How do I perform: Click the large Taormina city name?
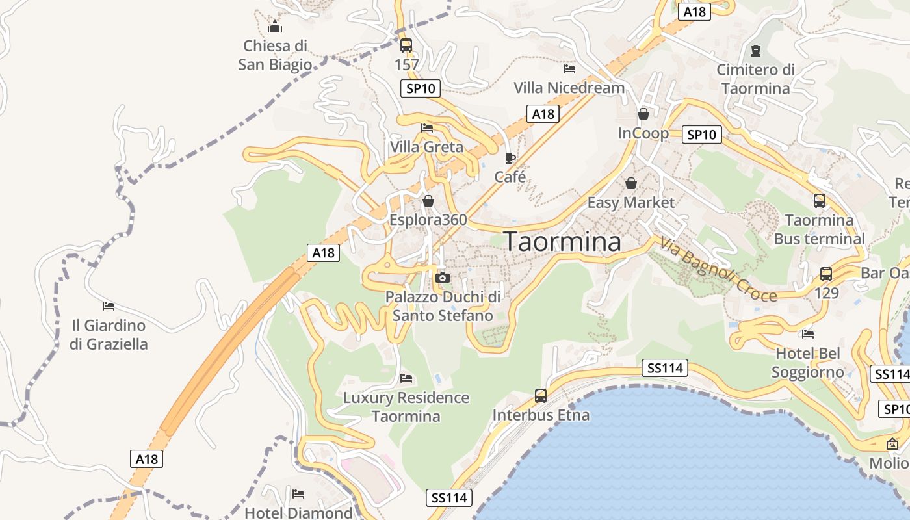point(562,242)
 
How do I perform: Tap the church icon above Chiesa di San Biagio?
point(275,27)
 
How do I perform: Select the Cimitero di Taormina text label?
point(755,79)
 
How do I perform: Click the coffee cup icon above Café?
point(510,158)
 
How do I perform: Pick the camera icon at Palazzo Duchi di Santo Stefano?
point(443,278)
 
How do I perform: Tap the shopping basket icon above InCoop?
point(643,114)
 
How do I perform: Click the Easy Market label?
point(631,202)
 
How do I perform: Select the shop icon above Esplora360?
point(428,201)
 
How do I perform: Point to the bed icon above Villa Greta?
point(427,127)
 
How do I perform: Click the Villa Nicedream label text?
point(569,88)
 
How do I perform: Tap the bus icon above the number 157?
point(406,45)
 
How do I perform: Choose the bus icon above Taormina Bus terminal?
point(819,201)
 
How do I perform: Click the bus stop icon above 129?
point(825,274)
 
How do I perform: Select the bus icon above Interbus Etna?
point(541,395)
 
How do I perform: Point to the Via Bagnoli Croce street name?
point(718,269)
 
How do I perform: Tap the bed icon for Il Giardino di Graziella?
point(109,305)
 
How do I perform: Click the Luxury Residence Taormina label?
point(406,407)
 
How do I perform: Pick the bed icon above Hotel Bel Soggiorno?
point(808,334)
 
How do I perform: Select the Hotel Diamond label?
point(298,513)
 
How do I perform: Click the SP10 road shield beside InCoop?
point(702,135)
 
